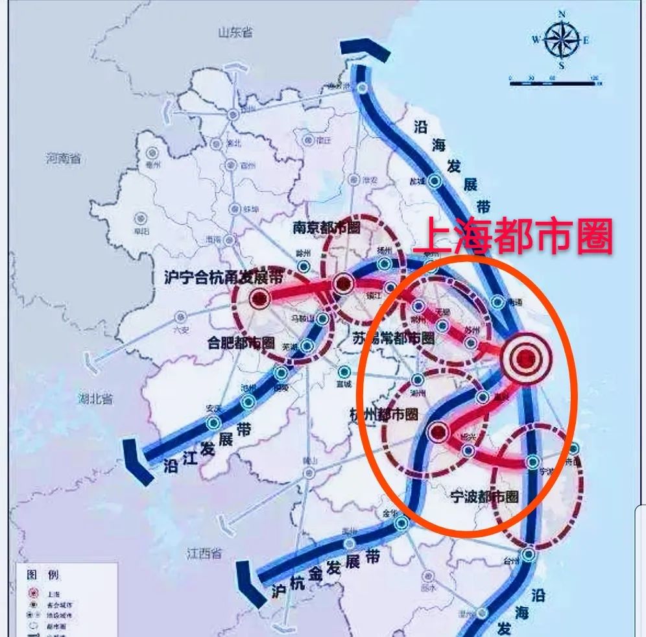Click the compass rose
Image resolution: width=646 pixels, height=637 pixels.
click(x=561, y=40)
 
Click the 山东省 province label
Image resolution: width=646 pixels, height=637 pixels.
click(x=235, y=33)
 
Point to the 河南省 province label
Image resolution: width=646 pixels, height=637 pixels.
click(x=63, y=158)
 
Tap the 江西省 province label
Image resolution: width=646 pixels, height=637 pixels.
click(x=204, y=554)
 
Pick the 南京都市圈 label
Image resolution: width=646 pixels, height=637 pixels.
click(x=326, y=228)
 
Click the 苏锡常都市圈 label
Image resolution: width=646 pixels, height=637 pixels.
click(x=393, y=338)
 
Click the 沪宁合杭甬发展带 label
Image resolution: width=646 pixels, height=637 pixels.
click(x=224, y=277)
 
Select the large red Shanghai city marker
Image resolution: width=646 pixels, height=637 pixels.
click(x=526, y=357)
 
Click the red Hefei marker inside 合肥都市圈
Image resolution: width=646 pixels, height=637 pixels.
click(x=259, y=299)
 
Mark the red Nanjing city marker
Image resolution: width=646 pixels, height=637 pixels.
click(x=343, y=283)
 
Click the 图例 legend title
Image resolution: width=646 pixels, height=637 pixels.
click(x=42, y=575)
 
